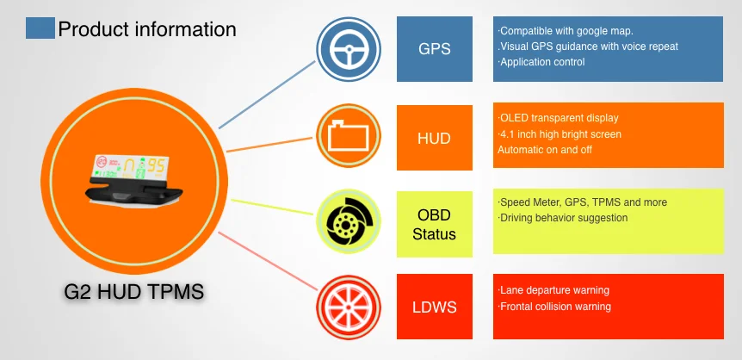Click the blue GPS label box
(x=434, y=48)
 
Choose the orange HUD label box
(x=434, y=137)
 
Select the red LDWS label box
(x=434, y=306)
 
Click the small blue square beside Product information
(x=40, y=28)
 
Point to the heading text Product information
(x=146, y=29)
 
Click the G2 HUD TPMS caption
(x=134, y=291)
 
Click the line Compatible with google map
(x=566, y=31)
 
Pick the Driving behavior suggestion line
(x=563, y=218)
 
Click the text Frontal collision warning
(x=555, y=306)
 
